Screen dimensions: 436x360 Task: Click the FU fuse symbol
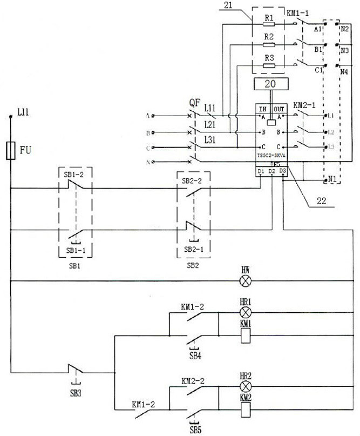(x=10, y=151)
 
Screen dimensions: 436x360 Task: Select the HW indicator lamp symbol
(x=246, y=281)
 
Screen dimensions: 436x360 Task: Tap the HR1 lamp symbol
(x=246, y=312)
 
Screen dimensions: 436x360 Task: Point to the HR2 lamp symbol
(x=246, y=387)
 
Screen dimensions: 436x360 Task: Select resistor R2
(x=269, y=44)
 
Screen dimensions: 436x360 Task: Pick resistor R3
(x=269, y=66)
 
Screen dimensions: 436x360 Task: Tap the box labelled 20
(x=270, y=84)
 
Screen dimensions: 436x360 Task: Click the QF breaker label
(x=195, y=102)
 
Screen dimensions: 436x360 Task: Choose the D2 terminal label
(x=271, y=172)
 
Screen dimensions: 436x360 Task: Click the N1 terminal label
(x=334, y=178)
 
